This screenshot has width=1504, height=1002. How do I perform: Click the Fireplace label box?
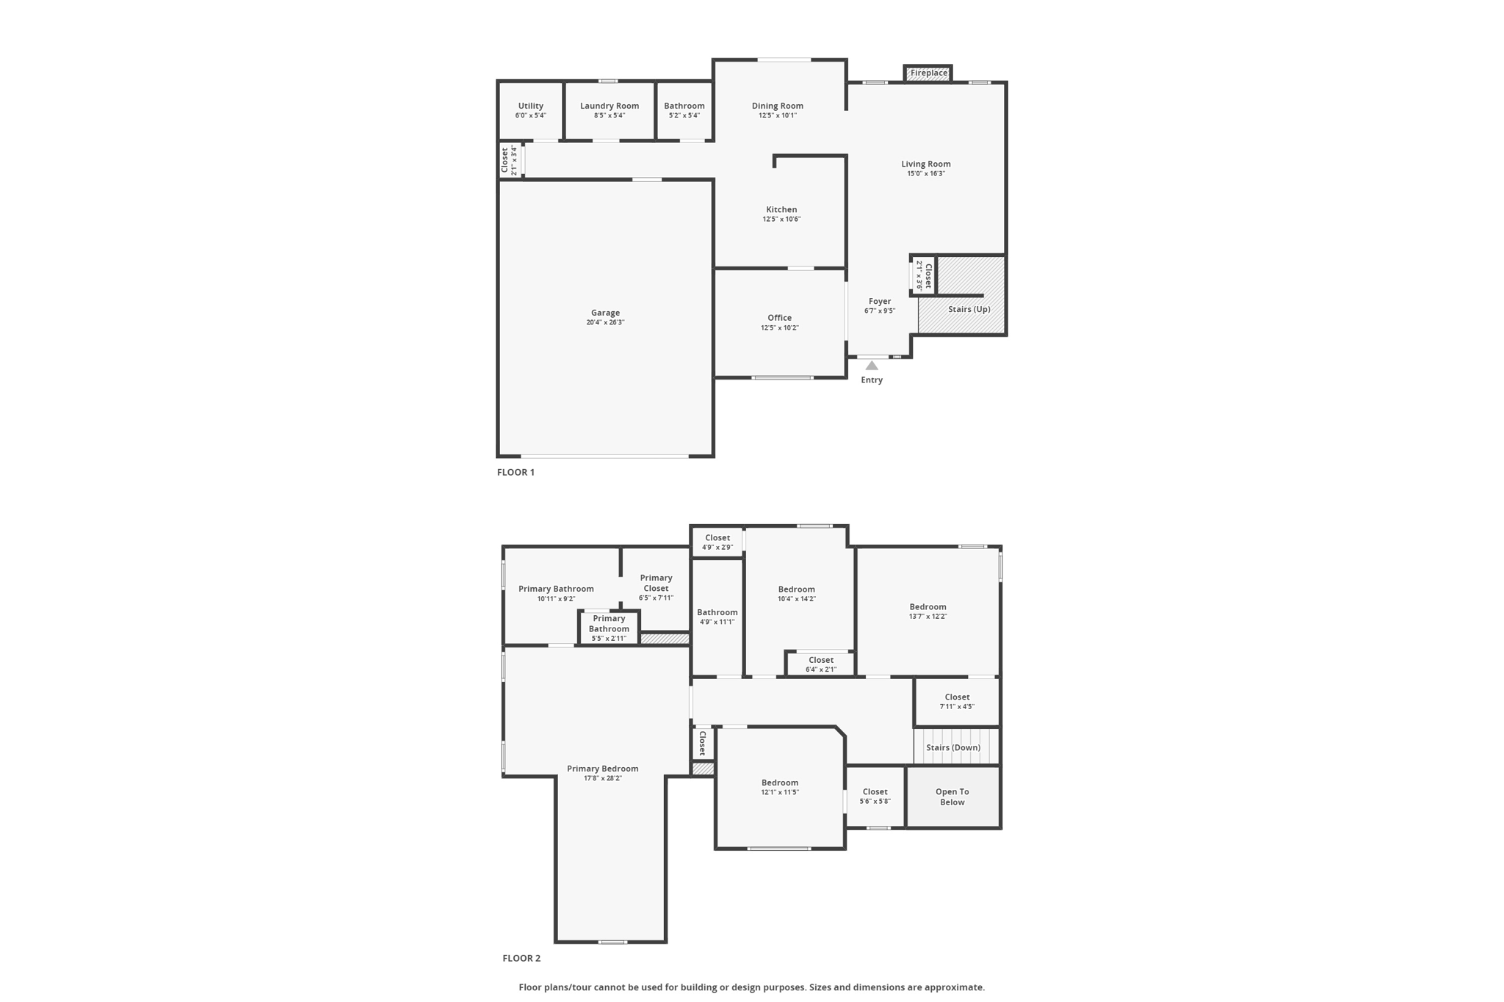928,73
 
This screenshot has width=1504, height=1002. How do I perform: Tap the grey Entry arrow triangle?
872,366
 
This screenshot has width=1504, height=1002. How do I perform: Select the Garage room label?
605,313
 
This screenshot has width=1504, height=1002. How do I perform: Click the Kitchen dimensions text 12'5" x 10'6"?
781,219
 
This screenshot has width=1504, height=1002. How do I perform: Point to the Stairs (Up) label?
969,309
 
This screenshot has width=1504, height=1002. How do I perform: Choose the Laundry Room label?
610,106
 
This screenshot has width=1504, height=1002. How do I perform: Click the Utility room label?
530,106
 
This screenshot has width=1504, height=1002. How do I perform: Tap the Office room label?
779,318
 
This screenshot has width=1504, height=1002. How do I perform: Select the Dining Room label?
778,106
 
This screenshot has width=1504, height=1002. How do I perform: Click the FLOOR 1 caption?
516,472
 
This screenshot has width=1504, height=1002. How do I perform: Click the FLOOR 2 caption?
521,958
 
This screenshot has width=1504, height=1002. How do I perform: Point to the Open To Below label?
952,796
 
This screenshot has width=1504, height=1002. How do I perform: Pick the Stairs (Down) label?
953,747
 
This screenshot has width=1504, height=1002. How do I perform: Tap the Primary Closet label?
656,583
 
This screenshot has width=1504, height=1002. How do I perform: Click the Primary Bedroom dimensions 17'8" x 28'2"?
603,779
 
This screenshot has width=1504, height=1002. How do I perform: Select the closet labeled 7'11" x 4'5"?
957,702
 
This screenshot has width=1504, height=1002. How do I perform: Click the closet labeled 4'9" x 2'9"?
717,542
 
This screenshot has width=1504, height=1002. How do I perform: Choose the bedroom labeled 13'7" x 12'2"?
928,611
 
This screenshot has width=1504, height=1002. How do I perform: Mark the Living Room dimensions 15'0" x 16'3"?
926,174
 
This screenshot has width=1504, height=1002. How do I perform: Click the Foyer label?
880,301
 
